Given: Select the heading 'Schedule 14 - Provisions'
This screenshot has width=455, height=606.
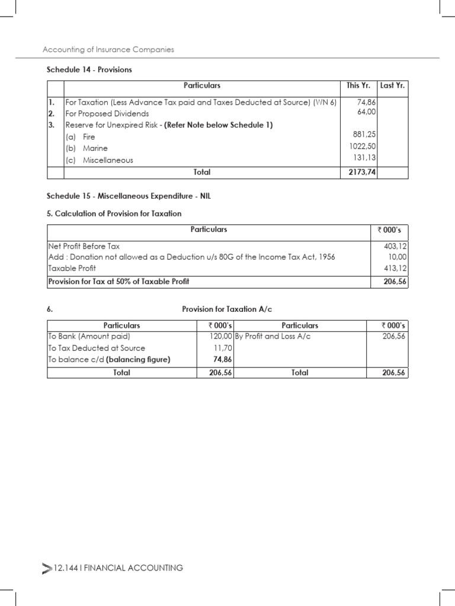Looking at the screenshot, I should (x=89, y=70).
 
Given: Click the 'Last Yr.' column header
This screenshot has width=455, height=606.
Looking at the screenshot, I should (x=392, y=86).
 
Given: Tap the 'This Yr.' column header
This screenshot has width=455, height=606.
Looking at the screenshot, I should (x=358, y=86).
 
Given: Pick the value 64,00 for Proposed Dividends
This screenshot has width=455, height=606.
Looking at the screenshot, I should (x=367, y=111).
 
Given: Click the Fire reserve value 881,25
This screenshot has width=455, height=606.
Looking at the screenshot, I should (x=365, y=134).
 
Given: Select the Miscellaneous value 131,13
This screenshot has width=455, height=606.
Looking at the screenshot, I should (x=365, y=157).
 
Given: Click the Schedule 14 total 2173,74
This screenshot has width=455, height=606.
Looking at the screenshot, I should (x=360, y=172).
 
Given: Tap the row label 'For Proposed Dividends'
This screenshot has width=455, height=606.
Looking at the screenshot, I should (x=107, y=114).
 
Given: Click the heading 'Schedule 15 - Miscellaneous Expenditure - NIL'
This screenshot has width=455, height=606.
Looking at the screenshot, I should (x=129, y=196).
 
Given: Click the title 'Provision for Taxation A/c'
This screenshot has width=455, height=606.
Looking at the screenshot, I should (x=227, y=310).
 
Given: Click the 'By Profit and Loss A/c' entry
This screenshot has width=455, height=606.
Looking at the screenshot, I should (x=273, y=336).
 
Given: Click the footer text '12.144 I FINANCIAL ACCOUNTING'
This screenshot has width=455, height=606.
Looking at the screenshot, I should (x=118, y=568).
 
